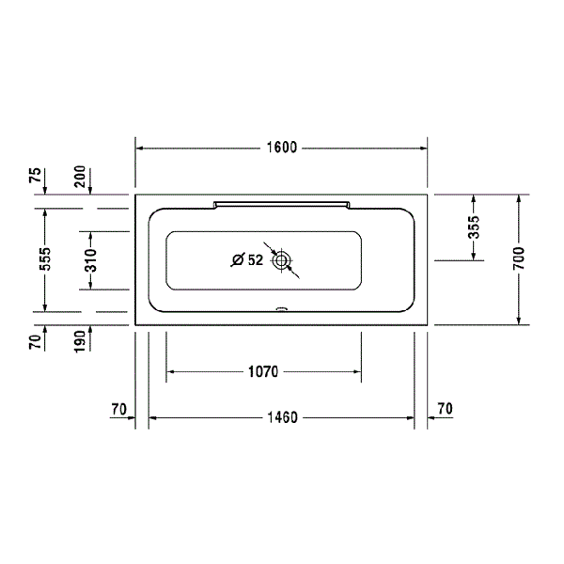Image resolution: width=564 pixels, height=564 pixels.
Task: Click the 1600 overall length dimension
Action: point(282,147)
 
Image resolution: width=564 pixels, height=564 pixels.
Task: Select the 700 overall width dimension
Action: point(519,258)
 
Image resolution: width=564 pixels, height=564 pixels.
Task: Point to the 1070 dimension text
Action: point(262,372)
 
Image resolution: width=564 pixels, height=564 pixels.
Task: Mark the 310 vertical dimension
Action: point(91,258)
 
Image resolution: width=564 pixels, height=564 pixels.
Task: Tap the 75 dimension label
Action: point(35,176)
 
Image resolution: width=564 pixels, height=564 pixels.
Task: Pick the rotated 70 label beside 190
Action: point(35,340)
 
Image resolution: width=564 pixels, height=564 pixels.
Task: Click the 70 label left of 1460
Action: point(118,409)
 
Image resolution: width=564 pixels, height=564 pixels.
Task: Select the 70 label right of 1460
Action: point(445,409)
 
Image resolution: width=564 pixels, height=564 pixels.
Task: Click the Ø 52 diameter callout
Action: point(247,260)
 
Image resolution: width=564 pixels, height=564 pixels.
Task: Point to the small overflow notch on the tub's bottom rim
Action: point(281,307)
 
